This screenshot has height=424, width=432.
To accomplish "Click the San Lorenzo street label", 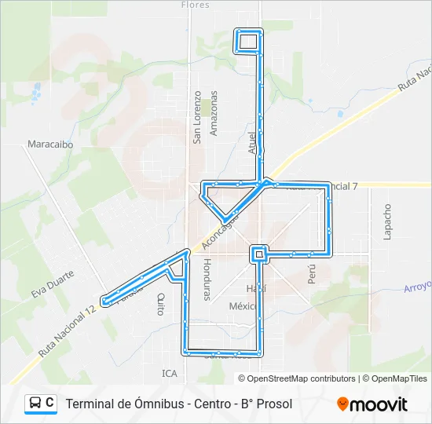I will pyautogui.click(x=198, y=118).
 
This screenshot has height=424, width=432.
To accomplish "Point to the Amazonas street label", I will pyautogui.click(x=214, y=113).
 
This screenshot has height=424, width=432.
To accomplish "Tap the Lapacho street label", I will pyautogui.click(x=386, y=222).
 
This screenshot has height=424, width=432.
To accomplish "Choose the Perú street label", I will pyautogui.click(x=312, y=273).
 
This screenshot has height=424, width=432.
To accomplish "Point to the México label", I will pyautogui.click(x=243, y=305).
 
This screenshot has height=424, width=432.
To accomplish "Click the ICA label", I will pyautogui.click(x=170, y=373).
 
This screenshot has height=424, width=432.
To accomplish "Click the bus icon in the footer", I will pyautogui.click(x=34, y=403).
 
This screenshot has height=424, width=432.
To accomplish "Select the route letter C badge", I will pyautogui.click(x=50, y=403).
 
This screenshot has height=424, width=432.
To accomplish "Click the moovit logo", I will pyautogui.click(x=372, y=404).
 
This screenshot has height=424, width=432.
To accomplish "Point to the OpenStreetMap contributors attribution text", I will pyautogui.click(x=298, y=378).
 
